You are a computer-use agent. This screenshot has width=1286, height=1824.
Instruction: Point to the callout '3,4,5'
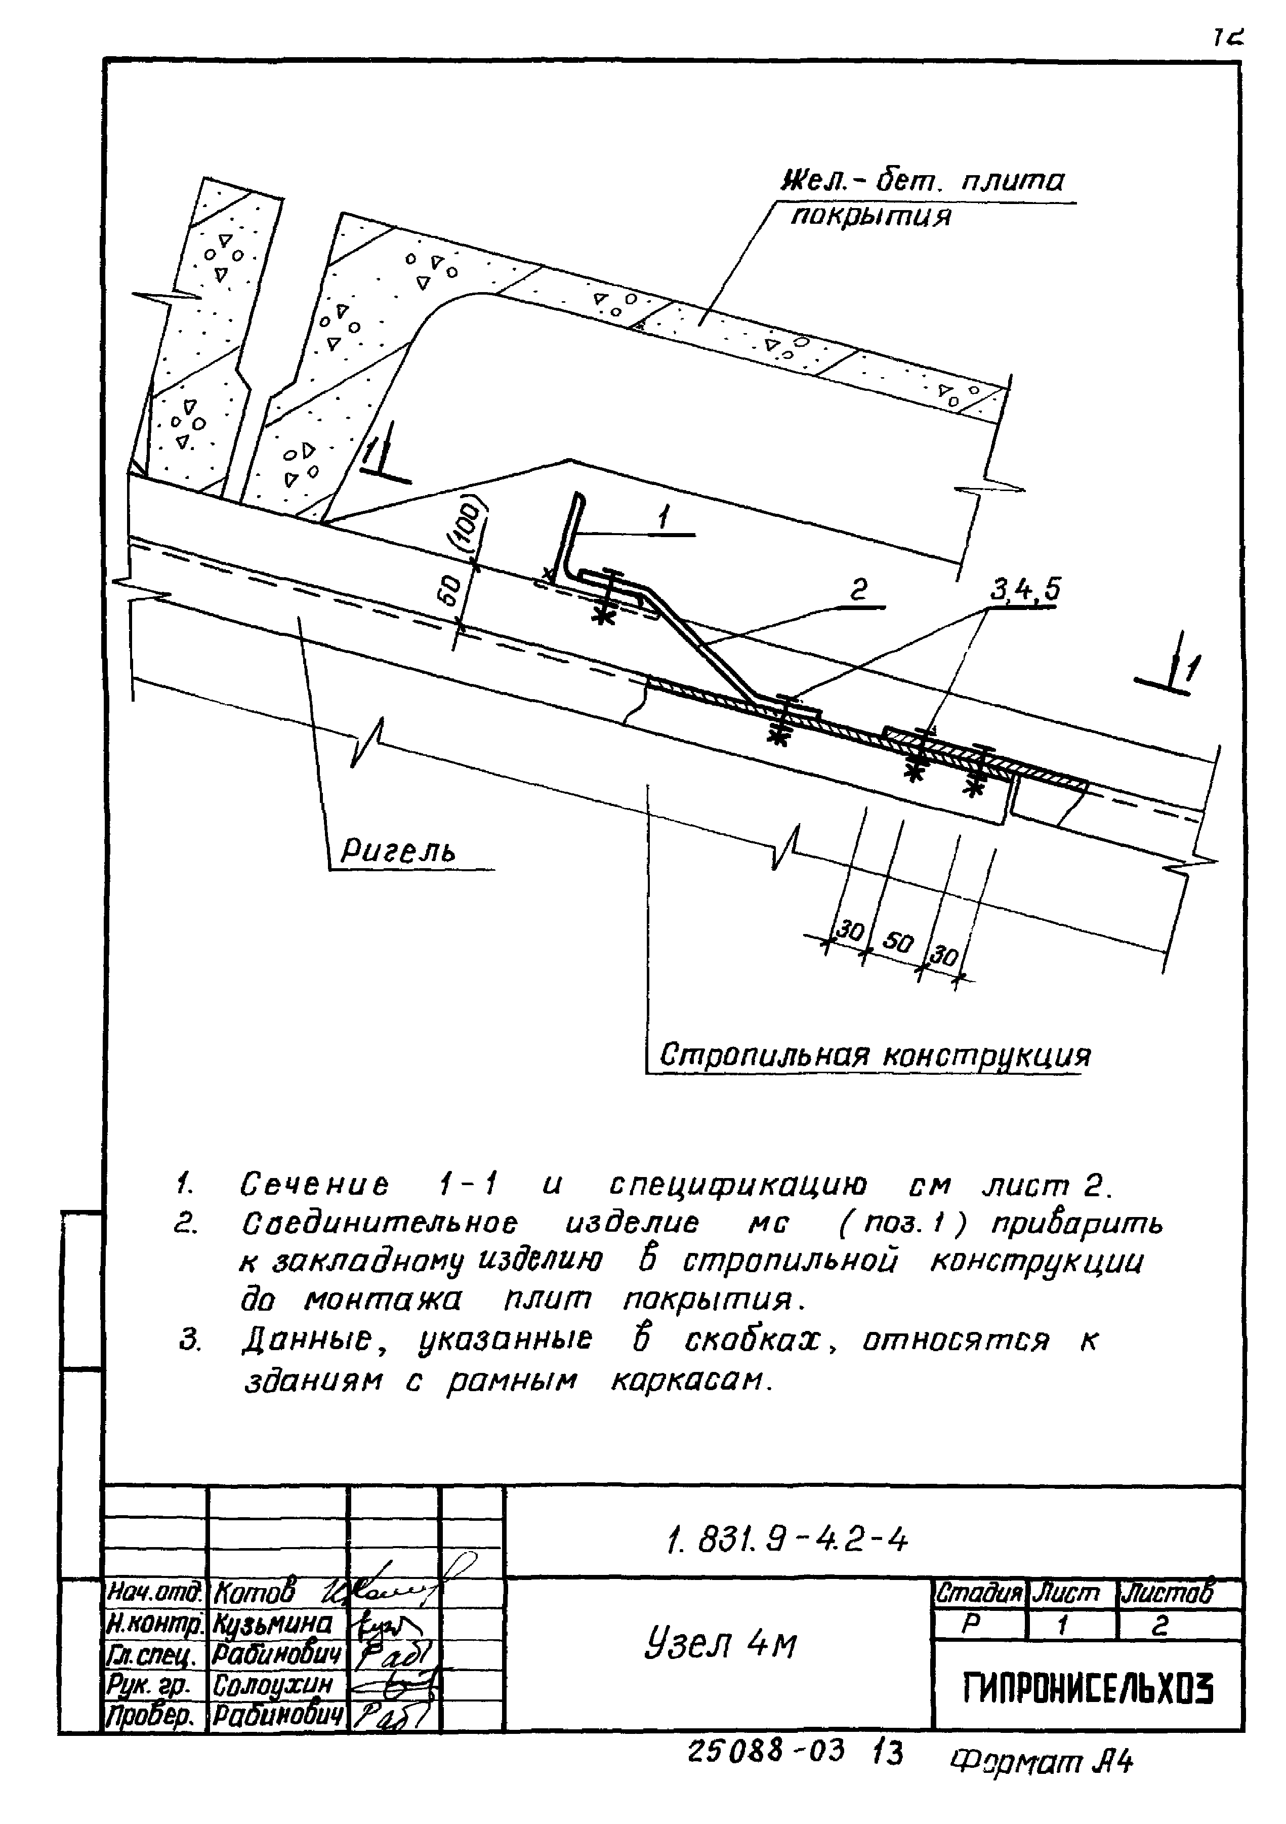click(x=1025, y=589)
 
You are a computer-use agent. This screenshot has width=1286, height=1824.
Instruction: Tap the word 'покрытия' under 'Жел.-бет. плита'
click(x=870, y=215)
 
